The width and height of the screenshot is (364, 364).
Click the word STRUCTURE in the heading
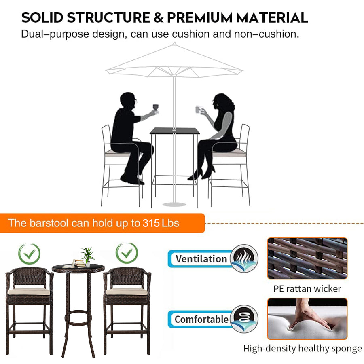(109, 18)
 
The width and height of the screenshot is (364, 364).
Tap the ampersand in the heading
(159, 18)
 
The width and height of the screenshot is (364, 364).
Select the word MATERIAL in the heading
(272, 18)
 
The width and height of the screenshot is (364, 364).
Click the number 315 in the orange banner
(151, 223)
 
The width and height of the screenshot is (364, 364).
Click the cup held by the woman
(198, 109)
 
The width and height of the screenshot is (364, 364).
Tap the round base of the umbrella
(174, 204)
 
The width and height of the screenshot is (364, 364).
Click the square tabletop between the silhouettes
(175, 131)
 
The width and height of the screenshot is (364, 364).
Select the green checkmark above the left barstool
(29, 254)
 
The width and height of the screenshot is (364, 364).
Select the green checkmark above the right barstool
(127, 253)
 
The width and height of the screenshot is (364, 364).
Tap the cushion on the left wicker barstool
(29, 291)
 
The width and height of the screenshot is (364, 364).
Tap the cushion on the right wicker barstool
(127, 291)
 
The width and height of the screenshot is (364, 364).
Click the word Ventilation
(201, 259)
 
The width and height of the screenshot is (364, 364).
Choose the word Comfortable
(201, 320)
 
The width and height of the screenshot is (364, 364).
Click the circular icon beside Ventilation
(244, 258)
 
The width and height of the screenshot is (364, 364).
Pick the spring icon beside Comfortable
(244, 319)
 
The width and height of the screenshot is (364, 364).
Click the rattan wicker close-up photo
(307, 258)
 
